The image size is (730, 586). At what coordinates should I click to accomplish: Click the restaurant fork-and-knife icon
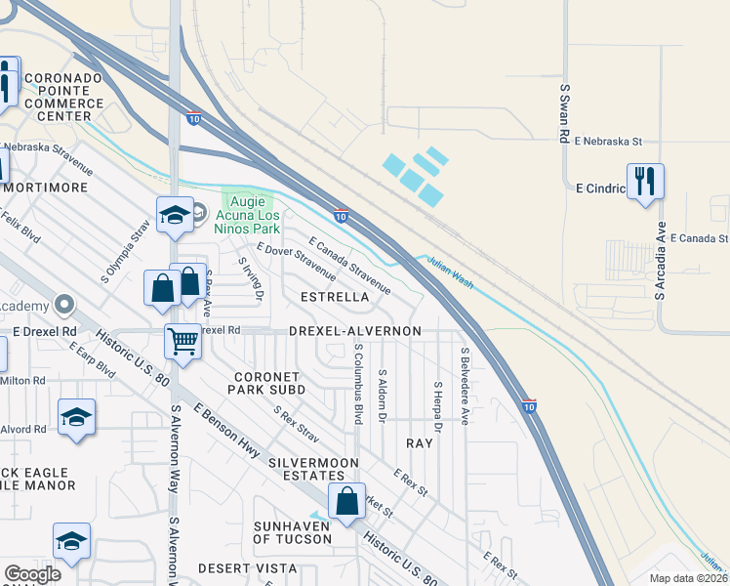[x=645, y=182]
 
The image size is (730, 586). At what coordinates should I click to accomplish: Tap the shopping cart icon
[x=182, y=342]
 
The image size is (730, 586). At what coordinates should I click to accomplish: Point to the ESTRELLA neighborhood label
[x=335, y=296]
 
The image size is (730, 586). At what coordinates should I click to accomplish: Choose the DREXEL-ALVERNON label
[x=355, y=331]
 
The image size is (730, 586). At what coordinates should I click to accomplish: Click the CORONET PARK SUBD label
[x=269, y=383]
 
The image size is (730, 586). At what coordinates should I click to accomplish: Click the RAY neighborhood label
[x=419, y=443]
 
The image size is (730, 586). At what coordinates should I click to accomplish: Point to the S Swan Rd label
[x=564, y=114]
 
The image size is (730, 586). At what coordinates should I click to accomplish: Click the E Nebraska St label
[x=607, y=142]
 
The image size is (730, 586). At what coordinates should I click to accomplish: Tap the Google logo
[x=32, y=574]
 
